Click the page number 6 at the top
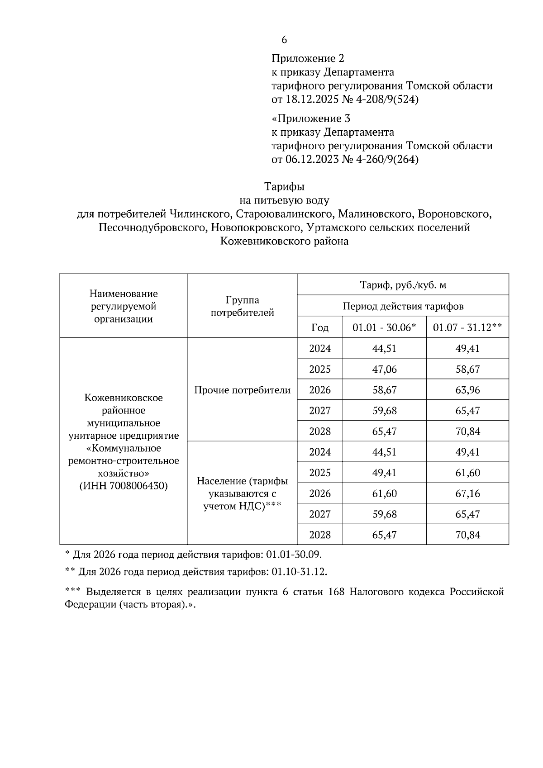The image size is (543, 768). coord(284,40)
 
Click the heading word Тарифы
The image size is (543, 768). coord(284,186)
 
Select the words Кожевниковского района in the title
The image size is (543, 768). coord(284,241)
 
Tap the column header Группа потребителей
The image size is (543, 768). coord(242,306)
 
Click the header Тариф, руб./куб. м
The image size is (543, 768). coord(403,285)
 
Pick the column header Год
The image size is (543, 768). coord(319,327)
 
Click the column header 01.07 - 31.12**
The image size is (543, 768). coord(467,327)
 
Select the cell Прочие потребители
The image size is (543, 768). coord(242,390)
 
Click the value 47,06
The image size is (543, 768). coord(384,370)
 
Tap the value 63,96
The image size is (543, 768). coord(467,390)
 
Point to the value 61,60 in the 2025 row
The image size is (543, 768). coord(467,473)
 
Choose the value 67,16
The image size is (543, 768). coord(467,493)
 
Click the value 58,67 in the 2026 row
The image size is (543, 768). coord(384,390)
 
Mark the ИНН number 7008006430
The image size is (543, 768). coord(138,486)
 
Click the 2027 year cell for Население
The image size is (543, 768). coord(319,514)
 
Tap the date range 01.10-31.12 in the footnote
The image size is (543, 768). coord(299,572)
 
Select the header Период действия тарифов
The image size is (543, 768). coord(403,306)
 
